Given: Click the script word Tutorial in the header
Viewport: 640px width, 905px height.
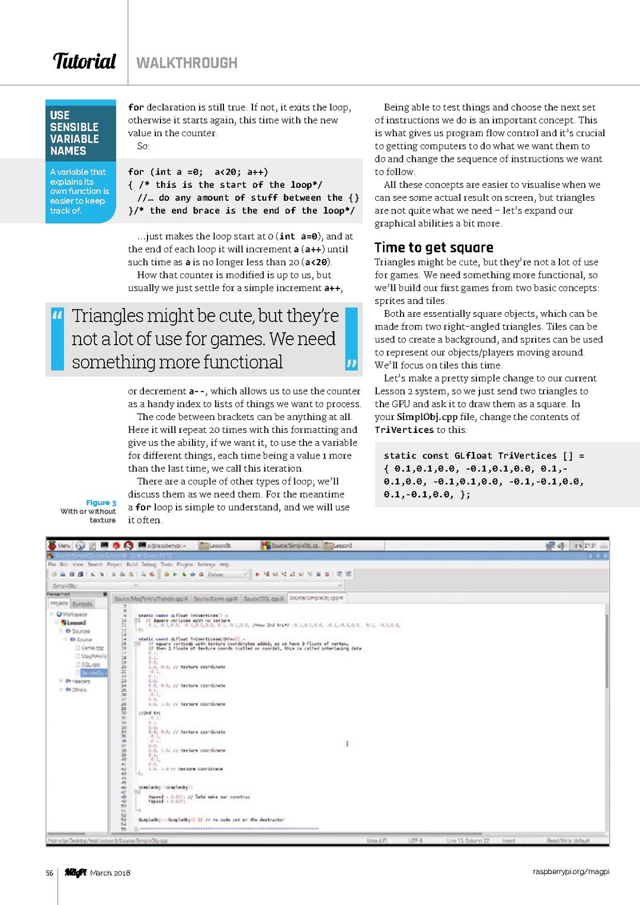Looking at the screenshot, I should coord(84,61).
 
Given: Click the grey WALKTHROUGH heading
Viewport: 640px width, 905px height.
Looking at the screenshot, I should coord(187,63).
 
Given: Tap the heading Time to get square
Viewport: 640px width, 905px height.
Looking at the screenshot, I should coord(434,248).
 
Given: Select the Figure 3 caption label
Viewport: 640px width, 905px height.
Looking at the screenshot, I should coord(101,503).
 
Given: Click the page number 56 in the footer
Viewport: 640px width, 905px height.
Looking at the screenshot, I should coord(50,873).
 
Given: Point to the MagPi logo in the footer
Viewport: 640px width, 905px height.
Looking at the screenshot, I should coord(75,872).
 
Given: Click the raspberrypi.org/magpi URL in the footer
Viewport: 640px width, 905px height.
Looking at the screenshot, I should coord(571,872).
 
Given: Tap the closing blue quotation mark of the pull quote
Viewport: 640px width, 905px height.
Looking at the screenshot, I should coord(351,363).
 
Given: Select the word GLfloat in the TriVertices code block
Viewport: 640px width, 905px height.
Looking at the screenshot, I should coord(473,456).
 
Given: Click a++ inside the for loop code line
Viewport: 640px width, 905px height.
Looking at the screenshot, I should coord(258,172).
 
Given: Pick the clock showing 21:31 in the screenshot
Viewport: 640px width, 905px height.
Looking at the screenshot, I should coord(590,545).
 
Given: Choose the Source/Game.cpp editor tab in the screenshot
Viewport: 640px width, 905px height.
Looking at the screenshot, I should coord(216,599).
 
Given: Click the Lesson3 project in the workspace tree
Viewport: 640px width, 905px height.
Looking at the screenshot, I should coord(76,622).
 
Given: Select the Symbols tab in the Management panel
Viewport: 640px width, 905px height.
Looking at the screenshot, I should coord(82,604).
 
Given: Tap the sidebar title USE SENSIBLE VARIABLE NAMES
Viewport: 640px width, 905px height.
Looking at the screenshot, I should coord(74,133).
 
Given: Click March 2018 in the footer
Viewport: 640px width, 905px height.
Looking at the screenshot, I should coord(110,873).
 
